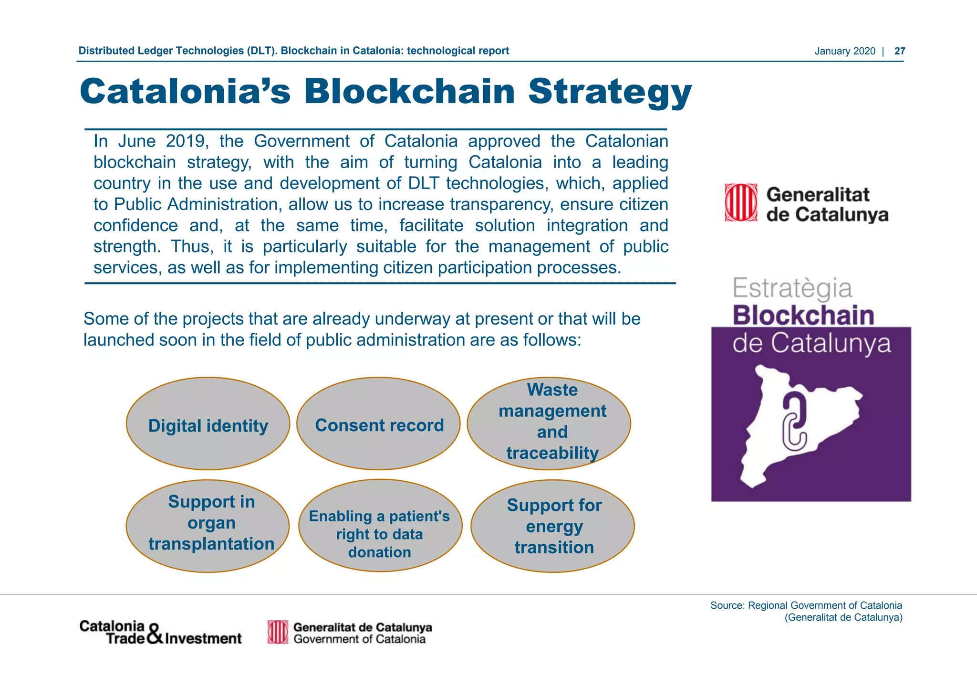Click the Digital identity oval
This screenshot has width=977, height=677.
(208, 424)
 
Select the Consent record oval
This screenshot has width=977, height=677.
(379, 424)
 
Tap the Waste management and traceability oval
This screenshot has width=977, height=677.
(549, 423)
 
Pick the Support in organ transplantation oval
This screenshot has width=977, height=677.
(208, 526)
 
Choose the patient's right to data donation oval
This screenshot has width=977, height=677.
(380, 526)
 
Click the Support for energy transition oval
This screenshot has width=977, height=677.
(552, 526)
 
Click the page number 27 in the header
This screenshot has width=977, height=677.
(899, 51)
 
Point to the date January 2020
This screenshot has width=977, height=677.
(844, 51)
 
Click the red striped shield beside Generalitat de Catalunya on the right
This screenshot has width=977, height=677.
(740, 202)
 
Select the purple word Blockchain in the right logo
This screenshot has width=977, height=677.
(803, 316)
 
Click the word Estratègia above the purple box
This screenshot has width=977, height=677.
(792, 288)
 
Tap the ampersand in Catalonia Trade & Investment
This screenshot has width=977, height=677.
(155, 634)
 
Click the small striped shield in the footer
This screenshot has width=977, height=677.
(278, 632)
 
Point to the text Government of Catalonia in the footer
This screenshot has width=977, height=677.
(359, 639)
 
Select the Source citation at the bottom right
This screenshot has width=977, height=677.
(806, 611)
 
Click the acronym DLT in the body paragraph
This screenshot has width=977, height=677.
(425, 183)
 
